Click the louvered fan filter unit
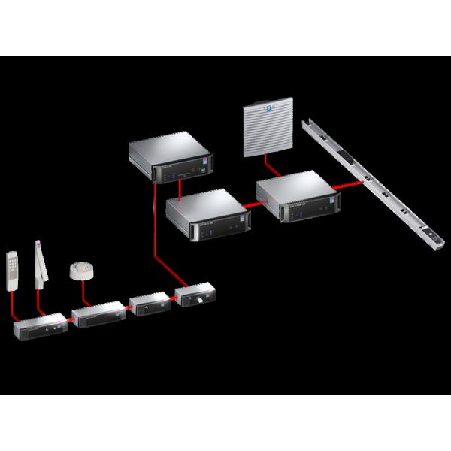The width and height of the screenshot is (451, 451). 268,132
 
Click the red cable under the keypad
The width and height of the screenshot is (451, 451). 14,308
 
